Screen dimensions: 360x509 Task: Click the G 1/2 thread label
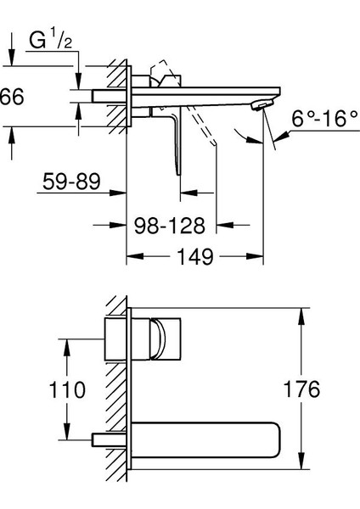coord(51,40)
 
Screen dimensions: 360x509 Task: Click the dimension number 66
coord(12,97)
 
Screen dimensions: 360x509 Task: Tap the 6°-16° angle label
coord(325,118)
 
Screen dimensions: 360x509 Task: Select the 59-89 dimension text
coord(71,182)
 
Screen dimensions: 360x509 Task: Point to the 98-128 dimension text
coord(170,226)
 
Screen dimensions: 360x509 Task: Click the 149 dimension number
coord(195,256)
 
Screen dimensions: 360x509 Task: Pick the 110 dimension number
coord(67,389)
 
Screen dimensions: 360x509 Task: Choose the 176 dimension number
coord(302,389)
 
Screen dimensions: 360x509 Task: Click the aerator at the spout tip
coord(262,105)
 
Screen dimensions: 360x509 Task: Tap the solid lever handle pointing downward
coord(176,143)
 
